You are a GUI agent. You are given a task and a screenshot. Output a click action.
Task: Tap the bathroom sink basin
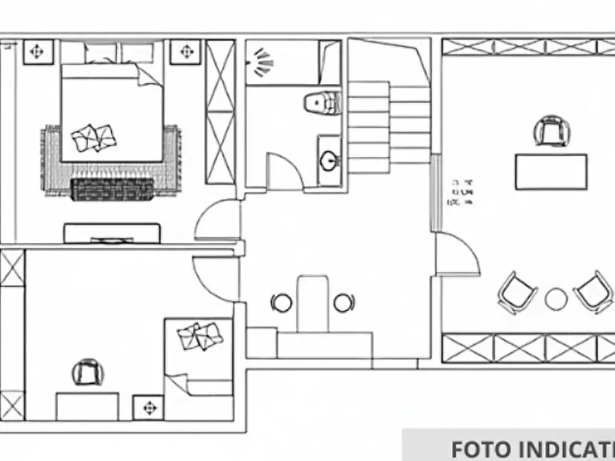(x=329, y=161)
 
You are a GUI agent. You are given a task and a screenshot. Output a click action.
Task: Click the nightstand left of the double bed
(x=39, y=52)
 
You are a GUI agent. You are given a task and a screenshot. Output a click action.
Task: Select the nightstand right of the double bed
(x=186, y=52)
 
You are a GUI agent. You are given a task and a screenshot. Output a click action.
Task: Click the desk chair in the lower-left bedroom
(x=88, y=373)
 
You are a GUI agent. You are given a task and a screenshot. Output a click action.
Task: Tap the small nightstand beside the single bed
(x=148, y=407)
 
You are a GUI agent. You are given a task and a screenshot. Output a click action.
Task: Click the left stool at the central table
(x=281, y=302)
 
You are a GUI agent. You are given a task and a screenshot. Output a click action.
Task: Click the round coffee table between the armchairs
(x=556, y=299)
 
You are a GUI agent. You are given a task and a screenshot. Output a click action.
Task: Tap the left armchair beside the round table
(x=517, y=292)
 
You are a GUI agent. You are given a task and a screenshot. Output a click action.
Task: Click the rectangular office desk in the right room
(x=551, y=171)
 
